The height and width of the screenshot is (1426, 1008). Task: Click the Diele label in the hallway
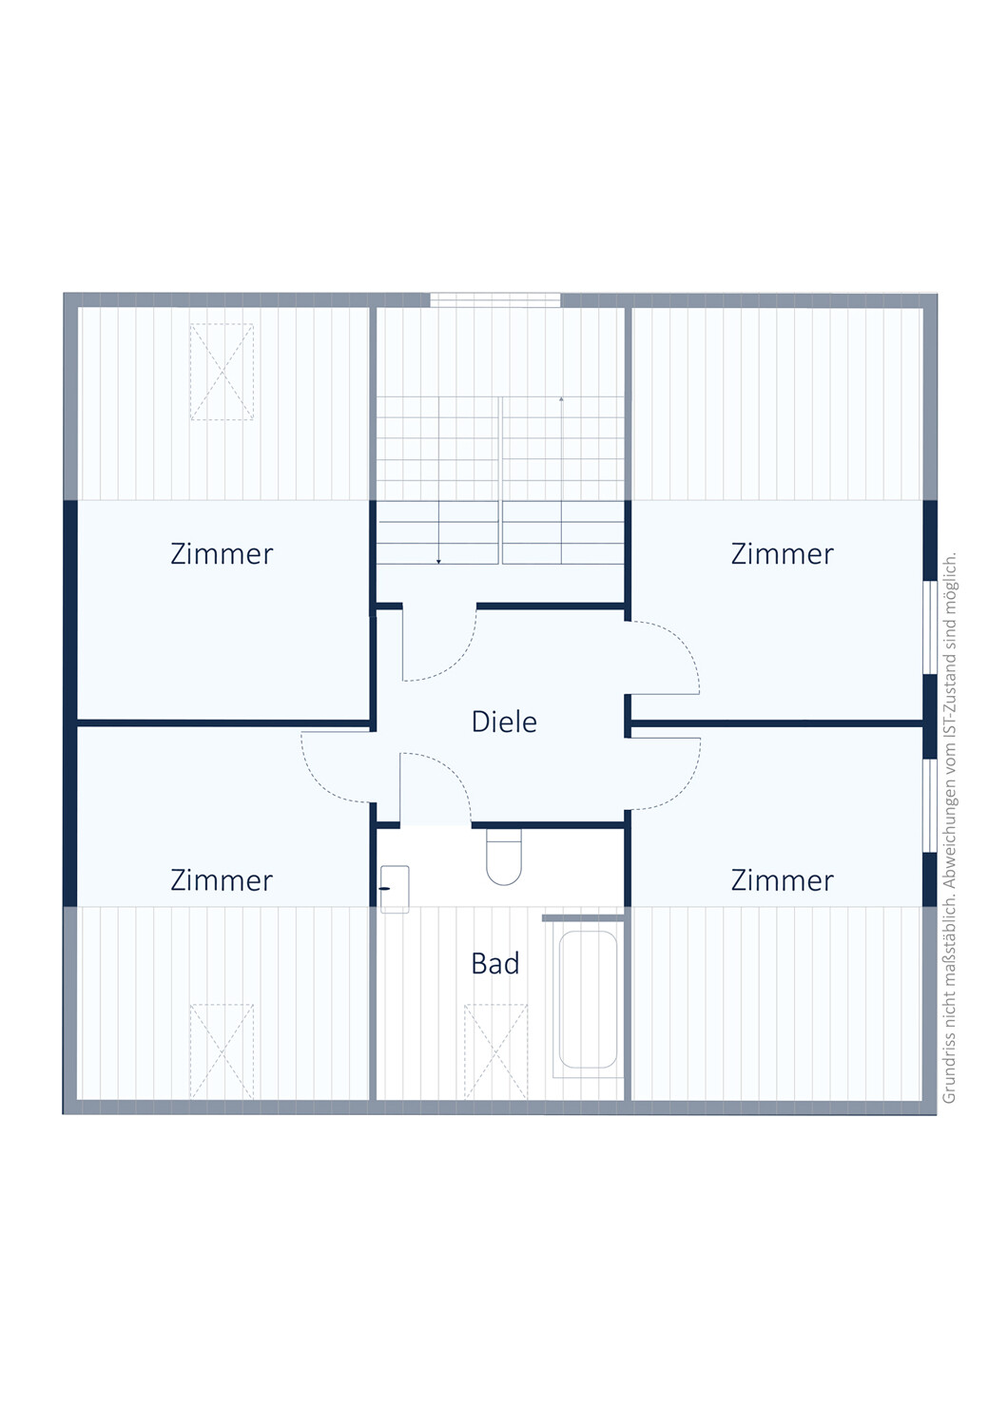pos(504,722)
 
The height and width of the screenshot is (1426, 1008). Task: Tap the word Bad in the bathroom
pos(494,964)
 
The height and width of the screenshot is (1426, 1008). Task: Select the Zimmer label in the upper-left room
pos(222,554)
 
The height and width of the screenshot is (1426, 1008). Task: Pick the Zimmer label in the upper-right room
pos(782,554)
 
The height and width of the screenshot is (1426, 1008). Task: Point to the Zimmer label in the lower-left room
pos(222,880)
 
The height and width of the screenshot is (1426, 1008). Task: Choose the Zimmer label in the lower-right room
pos(782,880)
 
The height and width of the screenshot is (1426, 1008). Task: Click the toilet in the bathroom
pos(504,857)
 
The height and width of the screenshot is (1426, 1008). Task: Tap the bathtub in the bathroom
pos(588,999)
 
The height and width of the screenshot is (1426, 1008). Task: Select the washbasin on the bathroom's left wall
pos(395,889)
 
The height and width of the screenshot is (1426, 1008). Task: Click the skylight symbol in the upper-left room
pos(222,372)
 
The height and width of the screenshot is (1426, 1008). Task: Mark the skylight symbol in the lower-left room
pos(222,1051)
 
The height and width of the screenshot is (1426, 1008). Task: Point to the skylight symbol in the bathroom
pos(495,1051)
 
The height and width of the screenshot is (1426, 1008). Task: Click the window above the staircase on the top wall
pos(494,299)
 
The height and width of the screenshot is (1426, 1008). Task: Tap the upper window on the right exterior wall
pos(930,626)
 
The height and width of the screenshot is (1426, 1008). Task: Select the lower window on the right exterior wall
pos(930,805)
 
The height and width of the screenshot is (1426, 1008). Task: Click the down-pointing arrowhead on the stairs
pos(438,562)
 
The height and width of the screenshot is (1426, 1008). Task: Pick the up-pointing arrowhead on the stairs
pos(561,399)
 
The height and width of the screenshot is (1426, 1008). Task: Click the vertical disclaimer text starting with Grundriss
pos(949,828)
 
